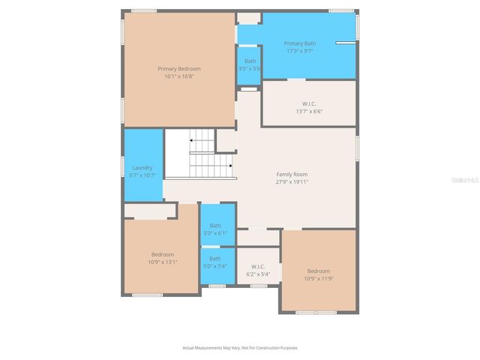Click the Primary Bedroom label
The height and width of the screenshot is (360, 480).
[179, 68]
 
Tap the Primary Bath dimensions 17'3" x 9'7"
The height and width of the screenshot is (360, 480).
[299, 51]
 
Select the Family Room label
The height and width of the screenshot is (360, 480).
[292, 174]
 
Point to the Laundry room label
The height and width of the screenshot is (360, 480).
[142, 167]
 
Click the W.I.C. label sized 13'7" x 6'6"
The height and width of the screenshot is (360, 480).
[308, 103]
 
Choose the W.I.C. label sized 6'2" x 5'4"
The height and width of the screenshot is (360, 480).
[258, 266]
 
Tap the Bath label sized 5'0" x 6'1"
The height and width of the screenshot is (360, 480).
[215, 226]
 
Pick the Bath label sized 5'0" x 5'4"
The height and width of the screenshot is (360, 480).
[215, 259]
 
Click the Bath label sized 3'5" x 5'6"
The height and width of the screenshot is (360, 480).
[250, 61]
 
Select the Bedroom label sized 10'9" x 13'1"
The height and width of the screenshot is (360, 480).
[163, 254]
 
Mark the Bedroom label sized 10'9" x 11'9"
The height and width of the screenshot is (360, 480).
[318, 271]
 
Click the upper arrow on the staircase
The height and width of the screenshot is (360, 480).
[193, 139]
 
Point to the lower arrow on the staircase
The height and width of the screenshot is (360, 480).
[229, 165]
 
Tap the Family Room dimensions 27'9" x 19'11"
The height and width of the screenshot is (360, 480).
[292, 181]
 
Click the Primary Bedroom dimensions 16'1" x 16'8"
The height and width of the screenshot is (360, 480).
[179, 76]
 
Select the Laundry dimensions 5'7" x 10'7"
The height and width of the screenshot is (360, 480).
[142, 175]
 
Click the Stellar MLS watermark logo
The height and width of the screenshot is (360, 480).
[463, 179]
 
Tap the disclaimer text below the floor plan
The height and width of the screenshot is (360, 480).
[240, 347]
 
